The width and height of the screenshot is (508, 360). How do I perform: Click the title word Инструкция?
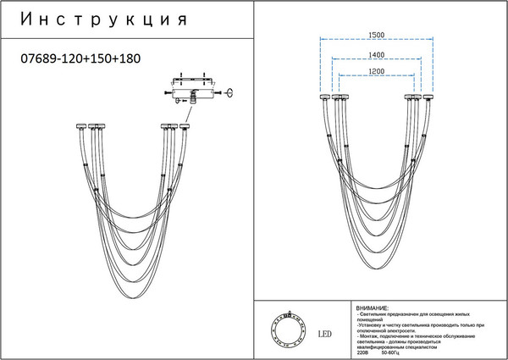point(102,19)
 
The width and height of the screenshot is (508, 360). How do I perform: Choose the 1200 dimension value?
point(377,74)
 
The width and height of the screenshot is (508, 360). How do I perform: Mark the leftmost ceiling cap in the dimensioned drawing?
point(323,98)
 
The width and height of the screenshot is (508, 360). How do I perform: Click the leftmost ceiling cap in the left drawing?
point(78,126)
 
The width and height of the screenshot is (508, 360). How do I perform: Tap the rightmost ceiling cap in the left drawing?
point(185,126)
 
